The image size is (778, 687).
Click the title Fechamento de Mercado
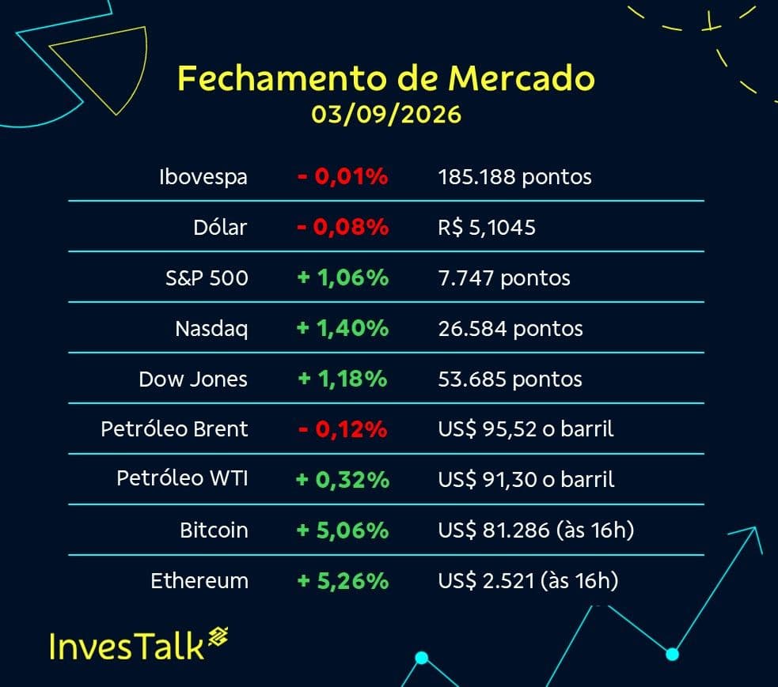tap(386, 78)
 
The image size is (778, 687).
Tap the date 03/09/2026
tap(386, 115)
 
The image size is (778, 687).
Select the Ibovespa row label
tap(203, 177)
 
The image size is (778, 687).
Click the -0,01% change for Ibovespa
tap(343, 176)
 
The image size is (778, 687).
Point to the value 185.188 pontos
tap(514, 177)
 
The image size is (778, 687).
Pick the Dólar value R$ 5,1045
tap(486, 228)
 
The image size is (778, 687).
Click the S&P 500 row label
tap(207, 278)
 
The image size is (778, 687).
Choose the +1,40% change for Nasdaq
tap(343, 328)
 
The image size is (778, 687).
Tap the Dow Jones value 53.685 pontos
tap(510, 379)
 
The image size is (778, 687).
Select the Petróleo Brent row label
tap(174, 428)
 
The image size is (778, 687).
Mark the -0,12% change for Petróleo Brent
tap(343, 429)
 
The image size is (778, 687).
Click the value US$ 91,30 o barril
tap(526, 479)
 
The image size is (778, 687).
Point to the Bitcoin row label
tap(214, 530)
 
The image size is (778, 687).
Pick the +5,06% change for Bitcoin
tap(343, 530)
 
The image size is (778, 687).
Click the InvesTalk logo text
tap(127, 647)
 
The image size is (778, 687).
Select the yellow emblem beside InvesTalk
tap(218, 637)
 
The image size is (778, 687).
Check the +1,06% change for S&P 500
tap(343, 277)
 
